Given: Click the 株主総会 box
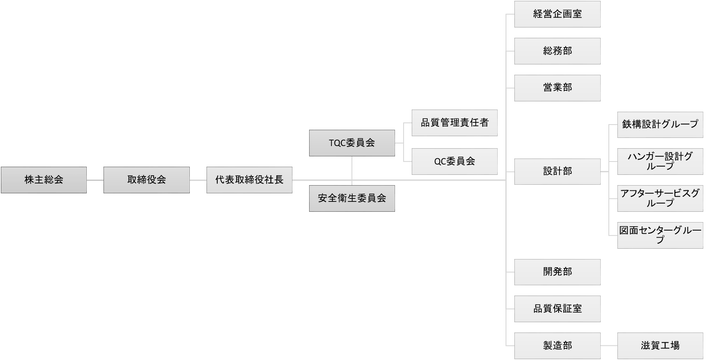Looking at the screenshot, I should click(x=43, y=180).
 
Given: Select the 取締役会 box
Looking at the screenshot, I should click(x=146, y=180).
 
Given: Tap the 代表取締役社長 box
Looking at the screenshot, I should click(x=249, y=180).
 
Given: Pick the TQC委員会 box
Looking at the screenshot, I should click(x=352, y=143).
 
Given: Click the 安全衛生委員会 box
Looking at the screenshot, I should click(x=352, y=198).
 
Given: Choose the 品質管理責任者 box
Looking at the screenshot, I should click(x=454, y=123).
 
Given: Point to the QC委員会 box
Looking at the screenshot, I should click(x=454, y=162).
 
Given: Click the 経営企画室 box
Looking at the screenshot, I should click(x=557, y=14).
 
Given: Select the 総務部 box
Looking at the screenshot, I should click(x=557, y=51).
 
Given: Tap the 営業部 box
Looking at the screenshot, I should click(x=557, y=88).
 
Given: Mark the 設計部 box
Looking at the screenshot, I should click(x=557, y=171).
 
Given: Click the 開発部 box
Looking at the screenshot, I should click(x=557, y=272).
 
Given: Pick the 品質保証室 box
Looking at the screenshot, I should click(x=557, y=309).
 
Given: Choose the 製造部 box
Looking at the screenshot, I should click(x=557, y=346).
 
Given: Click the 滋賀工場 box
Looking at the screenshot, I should click(x=660, y=346).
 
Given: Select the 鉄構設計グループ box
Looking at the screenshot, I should click(x=660, y=125).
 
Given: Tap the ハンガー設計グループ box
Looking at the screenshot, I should click(x=660, y=162).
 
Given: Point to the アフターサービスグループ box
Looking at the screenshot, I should click(x=660, y=198).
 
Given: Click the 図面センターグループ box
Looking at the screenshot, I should click(x=660, y=235).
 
